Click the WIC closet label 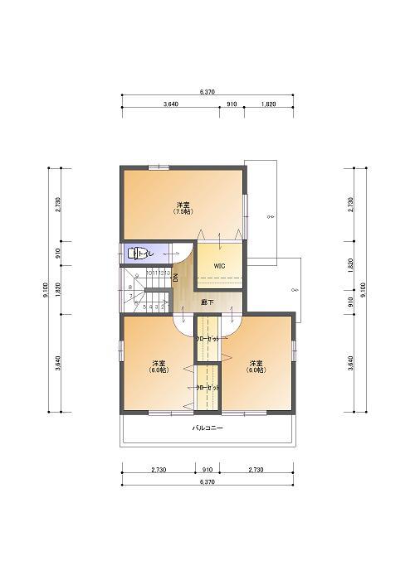tap(219, 265)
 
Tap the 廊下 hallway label tap(207, 302)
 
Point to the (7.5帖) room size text tap(183, 212)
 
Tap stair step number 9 tap(134, 277)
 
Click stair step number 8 tap(133, 287)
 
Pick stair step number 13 tap(168, 272)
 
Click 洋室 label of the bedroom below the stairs tap(158, 363)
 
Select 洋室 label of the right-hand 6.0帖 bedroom tap(256, 363)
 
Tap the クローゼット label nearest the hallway tap(207, 339)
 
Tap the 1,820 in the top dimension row tap(268, 104)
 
